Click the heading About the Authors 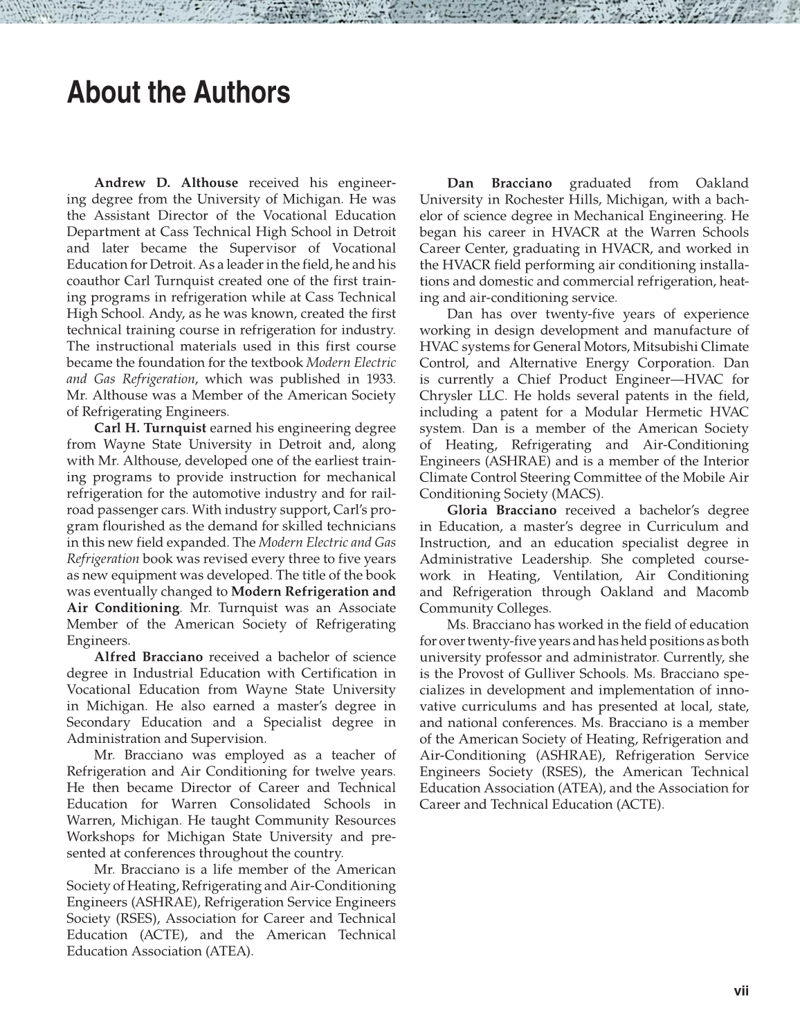point(178,93)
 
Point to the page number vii point(741,991)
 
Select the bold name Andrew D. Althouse point(166,183)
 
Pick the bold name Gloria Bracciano point(502,510)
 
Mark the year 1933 point(380,379)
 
